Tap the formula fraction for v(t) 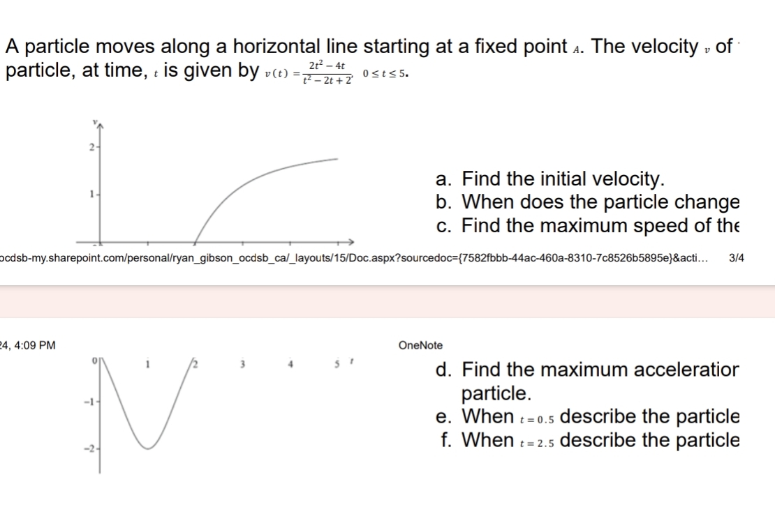pos(327,71)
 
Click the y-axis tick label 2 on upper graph pos(91,147)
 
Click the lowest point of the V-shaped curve pos(147,448)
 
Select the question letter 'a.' pos(443,179)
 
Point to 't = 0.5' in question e pos(537,418)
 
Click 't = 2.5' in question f pos(537,441)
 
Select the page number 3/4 pos(736,258)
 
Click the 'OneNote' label pos(420,345)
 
